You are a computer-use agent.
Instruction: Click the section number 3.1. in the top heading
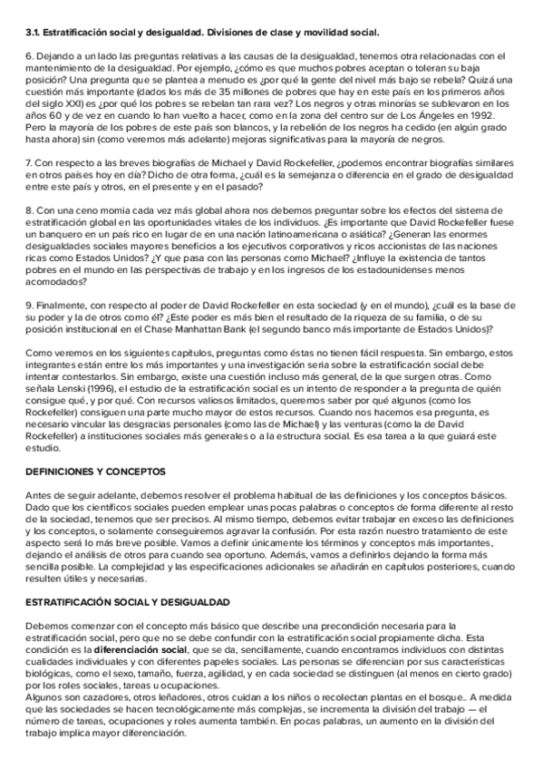pyautogui.click(x=34, y=33)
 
